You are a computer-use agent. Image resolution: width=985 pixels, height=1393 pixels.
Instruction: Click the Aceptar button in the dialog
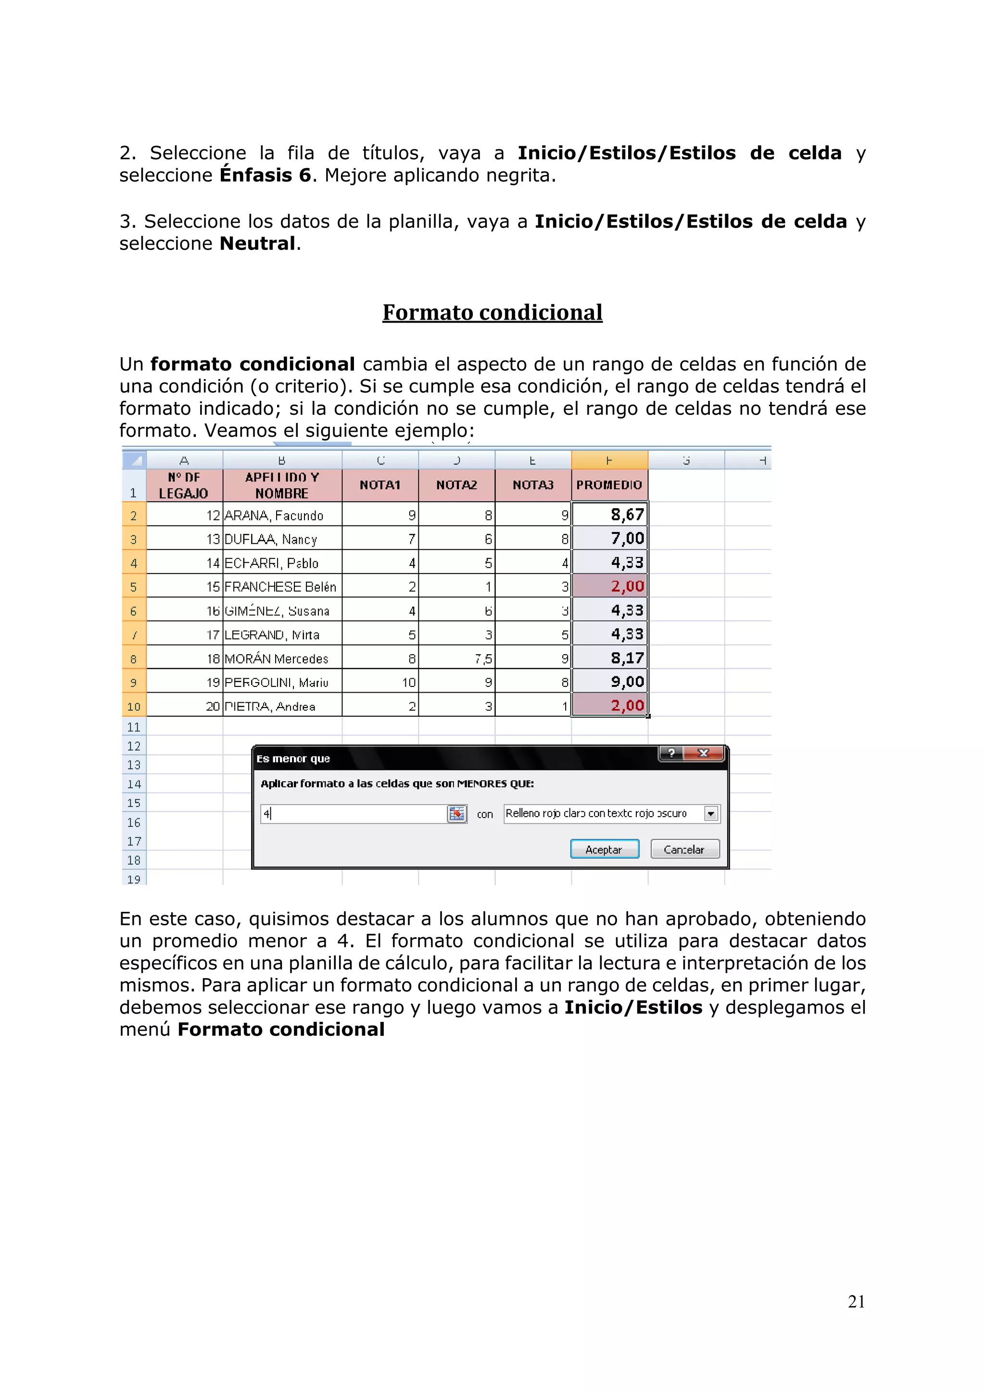(604, 849)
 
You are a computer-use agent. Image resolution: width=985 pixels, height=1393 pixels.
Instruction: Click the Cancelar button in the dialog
(684, 849)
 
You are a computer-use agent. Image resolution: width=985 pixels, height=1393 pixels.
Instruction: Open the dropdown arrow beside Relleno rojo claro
(711, 814)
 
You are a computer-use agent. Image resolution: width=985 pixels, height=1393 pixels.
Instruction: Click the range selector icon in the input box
(456, 814)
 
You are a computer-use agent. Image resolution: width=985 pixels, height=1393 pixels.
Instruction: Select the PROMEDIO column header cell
(609, 485)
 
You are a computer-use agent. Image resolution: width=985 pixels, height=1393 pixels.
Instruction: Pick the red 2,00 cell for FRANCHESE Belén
(610, 586)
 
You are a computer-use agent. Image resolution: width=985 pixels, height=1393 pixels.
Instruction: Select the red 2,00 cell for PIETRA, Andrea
(610, 705)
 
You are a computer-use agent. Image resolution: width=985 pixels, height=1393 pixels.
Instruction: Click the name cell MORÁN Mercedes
(276, 658)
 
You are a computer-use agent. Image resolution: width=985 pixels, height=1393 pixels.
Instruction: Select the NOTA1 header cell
(380, 485)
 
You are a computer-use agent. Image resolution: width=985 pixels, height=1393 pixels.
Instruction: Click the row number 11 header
(134, 727)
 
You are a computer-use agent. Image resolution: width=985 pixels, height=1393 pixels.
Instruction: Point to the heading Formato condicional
(492, 312)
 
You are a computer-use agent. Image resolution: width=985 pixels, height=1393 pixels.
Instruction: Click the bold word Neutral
(257, 244)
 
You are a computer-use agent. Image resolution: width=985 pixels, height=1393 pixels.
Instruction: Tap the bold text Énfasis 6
(265, 175)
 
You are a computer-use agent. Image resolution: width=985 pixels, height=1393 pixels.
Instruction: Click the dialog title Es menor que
(293, 759)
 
